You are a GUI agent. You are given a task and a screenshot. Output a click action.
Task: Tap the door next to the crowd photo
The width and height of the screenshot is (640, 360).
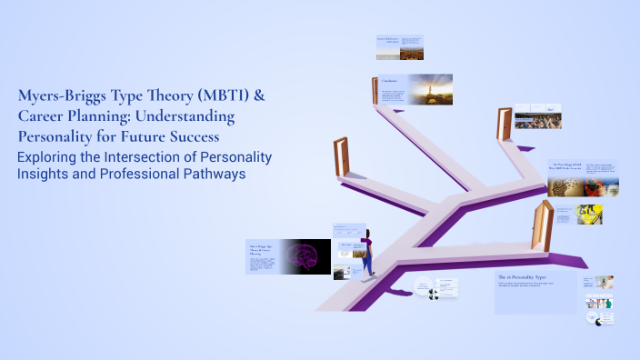coord(503,123)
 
